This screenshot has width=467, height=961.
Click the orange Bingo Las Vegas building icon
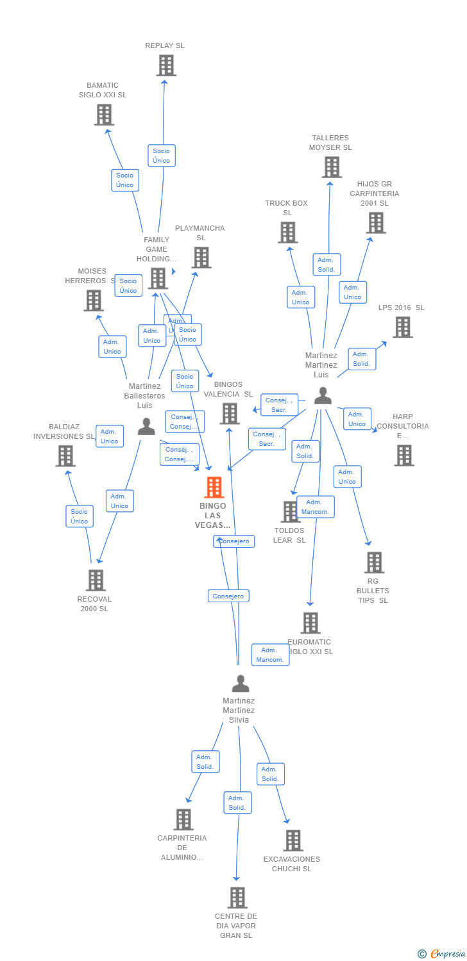[214, 488]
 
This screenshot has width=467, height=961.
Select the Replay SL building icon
[166, 65]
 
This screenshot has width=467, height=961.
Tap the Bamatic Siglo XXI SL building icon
[104, 115]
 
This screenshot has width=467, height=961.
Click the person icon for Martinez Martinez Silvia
[240, 684]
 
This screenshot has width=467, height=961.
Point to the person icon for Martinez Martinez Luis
[323, 396]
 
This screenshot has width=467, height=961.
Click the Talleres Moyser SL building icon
[332, 167]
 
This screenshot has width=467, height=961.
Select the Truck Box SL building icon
[287, 232]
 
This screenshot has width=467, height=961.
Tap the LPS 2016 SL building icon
[402, 327]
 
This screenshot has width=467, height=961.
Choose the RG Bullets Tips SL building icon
[374, 563]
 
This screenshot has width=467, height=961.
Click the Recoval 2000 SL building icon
[96, 580]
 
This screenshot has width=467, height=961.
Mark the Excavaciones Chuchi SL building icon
[293, 841]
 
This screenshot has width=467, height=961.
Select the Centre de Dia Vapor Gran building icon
[237, 898]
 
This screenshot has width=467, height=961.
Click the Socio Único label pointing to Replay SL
[162, 156]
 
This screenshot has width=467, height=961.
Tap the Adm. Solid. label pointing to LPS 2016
[361, 359]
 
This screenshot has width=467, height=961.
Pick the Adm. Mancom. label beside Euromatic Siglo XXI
[270, 655]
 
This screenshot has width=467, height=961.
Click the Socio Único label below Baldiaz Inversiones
[80, 516]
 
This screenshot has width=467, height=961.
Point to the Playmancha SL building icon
[201, 258]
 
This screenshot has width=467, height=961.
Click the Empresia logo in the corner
[441, 954]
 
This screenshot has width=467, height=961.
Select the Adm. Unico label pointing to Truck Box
[300, 297]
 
